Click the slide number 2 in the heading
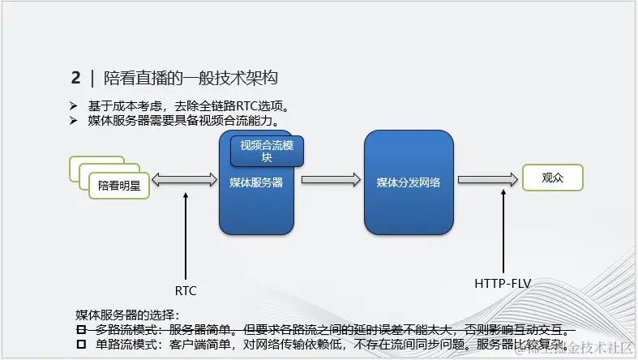76,78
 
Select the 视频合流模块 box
267,151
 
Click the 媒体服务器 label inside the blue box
255,182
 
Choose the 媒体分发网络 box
407,182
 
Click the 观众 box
552,178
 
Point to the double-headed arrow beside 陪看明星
186,180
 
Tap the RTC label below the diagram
186,290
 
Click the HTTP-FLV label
503,284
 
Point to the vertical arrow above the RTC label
186,235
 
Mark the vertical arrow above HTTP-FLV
503,231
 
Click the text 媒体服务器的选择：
127,315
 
